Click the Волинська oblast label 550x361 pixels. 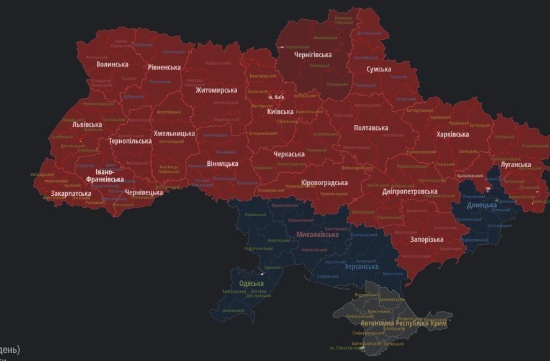click(x=112, y=64)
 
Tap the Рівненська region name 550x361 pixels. click(x=165, y=67)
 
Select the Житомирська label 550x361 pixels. click(x=216, y=90)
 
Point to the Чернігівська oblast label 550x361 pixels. click(x=313, y=55)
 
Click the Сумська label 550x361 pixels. click(x=379, y=69)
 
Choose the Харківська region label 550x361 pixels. click(x=454, y=134)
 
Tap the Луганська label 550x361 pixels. click(x=516, y=165)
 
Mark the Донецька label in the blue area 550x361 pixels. click(x=482, y=204)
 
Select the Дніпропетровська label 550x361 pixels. click(x=410, y=191)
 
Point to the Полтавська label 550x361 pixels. click(x=371, y=128)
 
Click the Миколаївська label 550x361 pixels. click(x=318, y=234)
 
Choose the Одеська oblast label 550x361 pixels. click(x=251, y=283)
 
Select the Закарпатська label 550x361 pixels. click(x=71, y=194)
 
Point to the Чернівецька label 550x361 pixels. click(x=144, y=193)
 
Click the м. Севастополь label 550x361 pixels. click(x=348, y=347)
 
